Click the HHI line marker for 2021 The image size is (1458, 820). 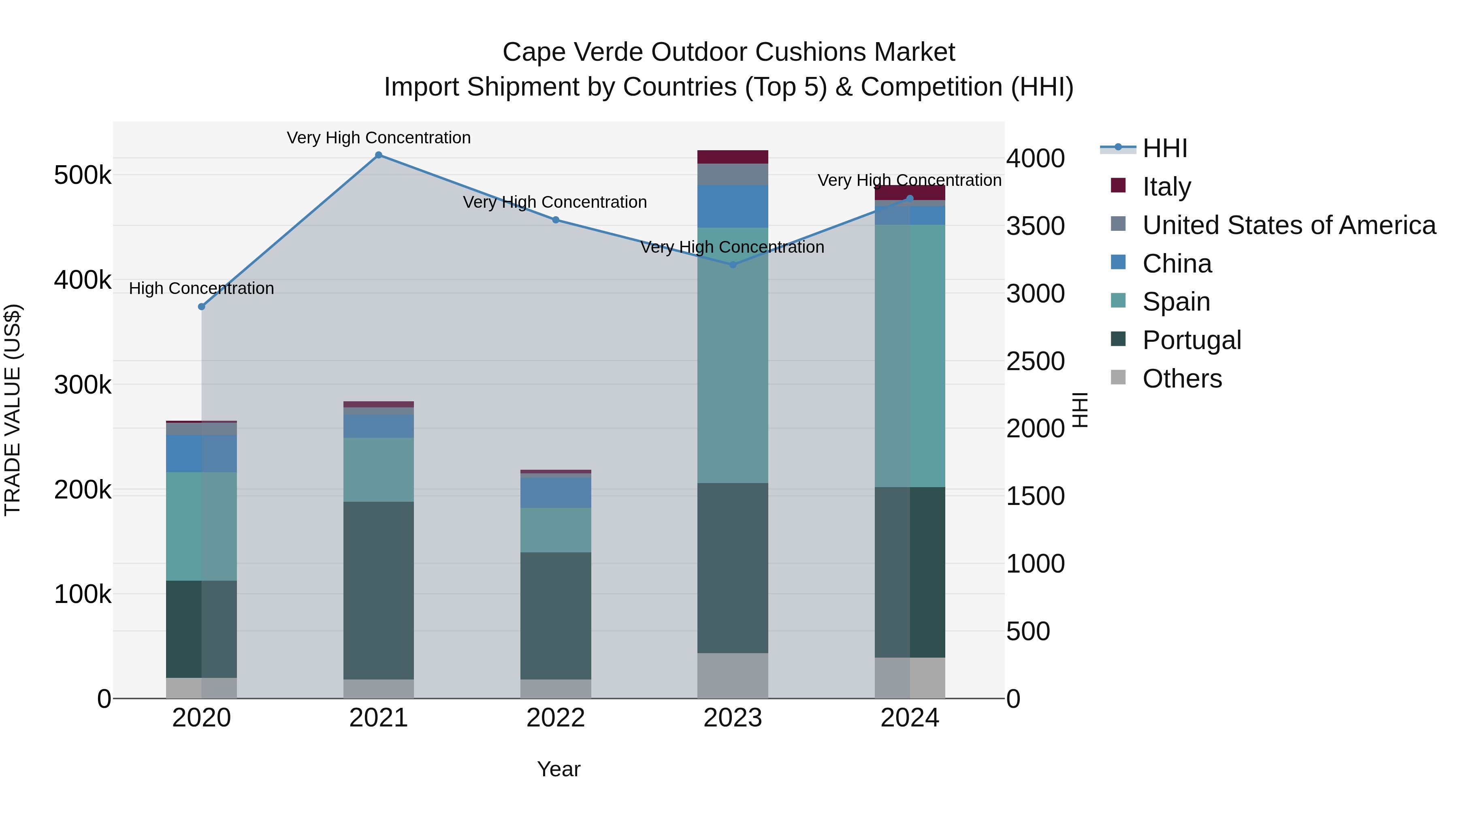pyautogui.click(x=379, y=155)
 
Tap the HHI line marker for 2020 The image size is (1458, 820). pyautogui.click(x=202, y=307)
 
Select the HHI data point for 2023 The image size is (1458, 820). pyautogui.click(x=732, y=265)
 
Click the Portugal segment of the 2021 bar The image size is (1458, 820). pyautogui.click(x=379, y=590)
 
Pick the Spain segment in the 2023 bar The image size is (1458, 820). pyautogui.click(x=732, y=356)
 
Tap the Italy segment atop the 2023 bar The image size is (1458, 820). pyautogui.click(x=732, y=157)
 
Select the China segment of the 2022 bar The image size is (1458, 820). pyautogui.click(x=556, y=492)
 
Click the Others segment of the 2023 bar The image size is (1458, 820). pyautogui.click(x=732, y=676)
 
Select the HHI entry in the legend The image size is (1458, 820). pyautogui.click(x=1164, y=148)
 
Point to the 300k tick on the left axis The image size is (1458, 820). pyautogui.click(x=83, y=386)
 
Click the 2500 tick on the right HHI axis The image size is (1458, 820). pyautogui.click(x=1035, y=361)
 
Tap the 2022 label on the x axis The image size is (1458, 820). pyautogui.click(x=556, y=718)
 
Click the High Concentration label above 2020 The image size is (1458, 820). pyautogui.click(x=202, y=289)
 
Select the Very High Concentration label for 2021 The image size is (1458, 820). pyautogui.click(x=379, y=138)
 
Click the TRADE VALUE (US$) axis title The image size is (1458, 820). pyautogui.click(x=13, y=410)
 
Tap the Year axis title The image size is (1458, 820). pyautogui.click(x=558, y=769)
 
